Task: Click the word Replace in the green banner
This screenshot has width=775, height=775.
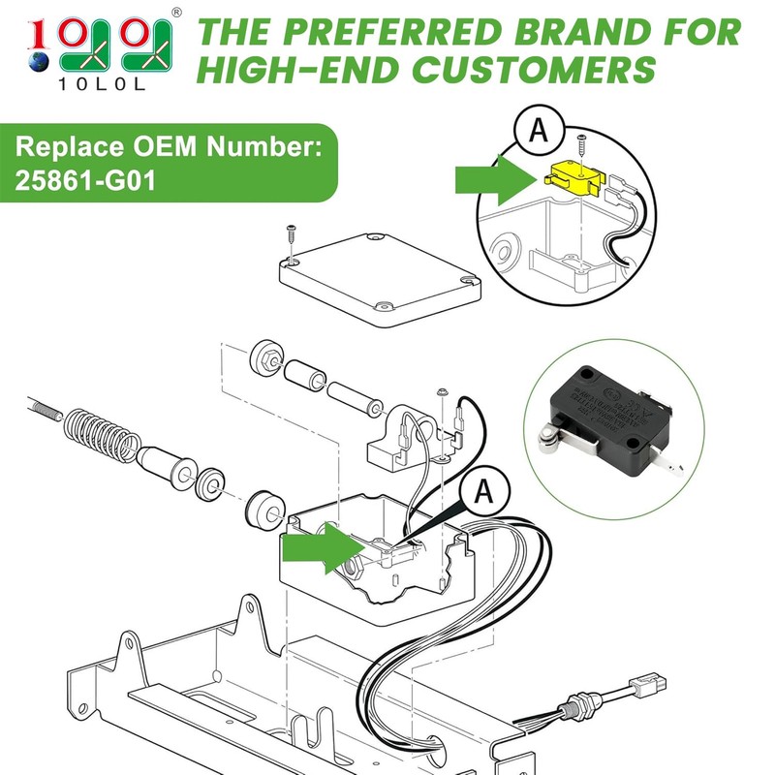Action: point(66,149)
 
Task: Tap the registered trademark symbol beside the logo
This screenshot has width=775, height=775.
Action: point(175,12)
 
